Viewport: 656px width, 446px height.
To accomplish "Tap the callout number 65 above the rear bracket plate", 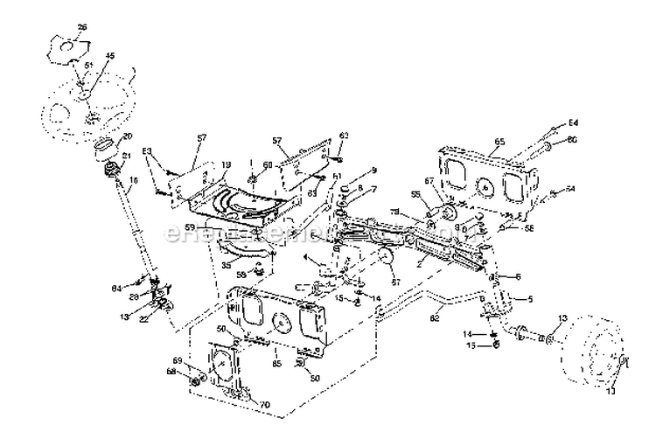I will click(499, 141).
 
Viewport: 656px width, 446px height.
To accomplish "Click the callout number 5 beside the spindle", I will click(528, 299).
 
